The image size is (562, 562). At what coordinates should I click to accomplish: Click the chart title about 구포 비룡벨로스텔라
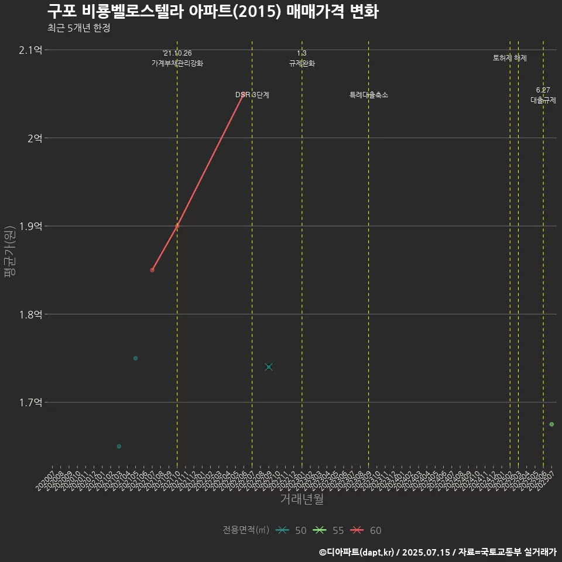click(213, 12)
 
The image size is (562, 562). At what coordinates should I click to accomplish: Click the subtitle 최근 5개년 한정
click(78, 28)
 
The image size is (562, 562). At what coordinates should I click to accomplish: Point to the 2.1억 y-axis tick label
click(30, 50)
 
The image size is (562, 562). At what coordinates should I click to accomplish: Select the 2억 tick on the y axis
click(34, 138)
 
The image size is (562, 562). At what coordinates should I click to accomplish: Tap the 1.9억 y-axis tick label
click(30, 227)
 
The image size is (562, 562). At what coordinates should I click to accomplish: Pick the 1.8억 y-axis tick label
click(30, 314)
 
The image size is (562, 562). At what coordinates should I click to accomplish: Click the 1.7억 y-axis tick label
click(30, 402)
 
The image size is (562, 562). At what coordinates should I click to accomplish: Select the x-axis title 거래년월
click(301, 499)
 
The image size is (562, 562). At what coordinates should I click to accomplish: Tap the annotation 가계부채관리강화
click(177, 63)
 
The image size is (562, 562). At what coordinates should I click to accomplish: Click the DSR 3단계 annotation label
click(252, 95)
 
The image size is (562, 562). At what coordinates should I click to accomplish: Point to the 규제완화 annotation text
click(302, 63)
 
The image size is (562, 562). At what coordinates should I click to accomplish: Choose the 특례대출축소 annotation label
click(369, 95)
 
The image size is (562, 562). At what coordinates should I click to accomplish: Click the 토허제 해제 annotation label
click(510, 58)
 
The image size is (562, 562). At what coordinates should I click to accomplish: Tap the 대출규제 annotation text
click(543, 100)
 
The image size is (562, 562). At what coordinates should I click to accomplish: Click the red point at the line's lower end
click(152, 270)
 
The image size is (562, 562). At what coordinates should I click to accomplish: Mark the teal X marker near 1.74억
click(269, 367)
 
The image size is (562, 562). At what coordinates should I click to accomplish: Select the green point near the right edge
click(551, 424)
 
